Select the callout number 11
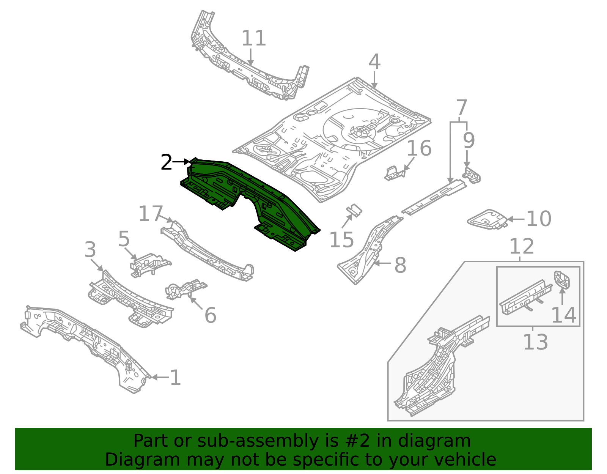tap(253, 38)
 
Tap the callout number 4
tap(374, 62)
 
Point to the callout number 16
tap(419, 148)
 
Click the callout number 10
tap(539, 219)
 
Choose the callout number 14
tap(563, 315)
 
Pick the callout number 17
tap(151, 214)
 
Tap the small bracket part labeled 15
tap(354, 210)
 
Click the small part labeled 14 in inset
tap(562, 280)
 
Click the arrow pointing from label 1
tap(159, 377)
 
